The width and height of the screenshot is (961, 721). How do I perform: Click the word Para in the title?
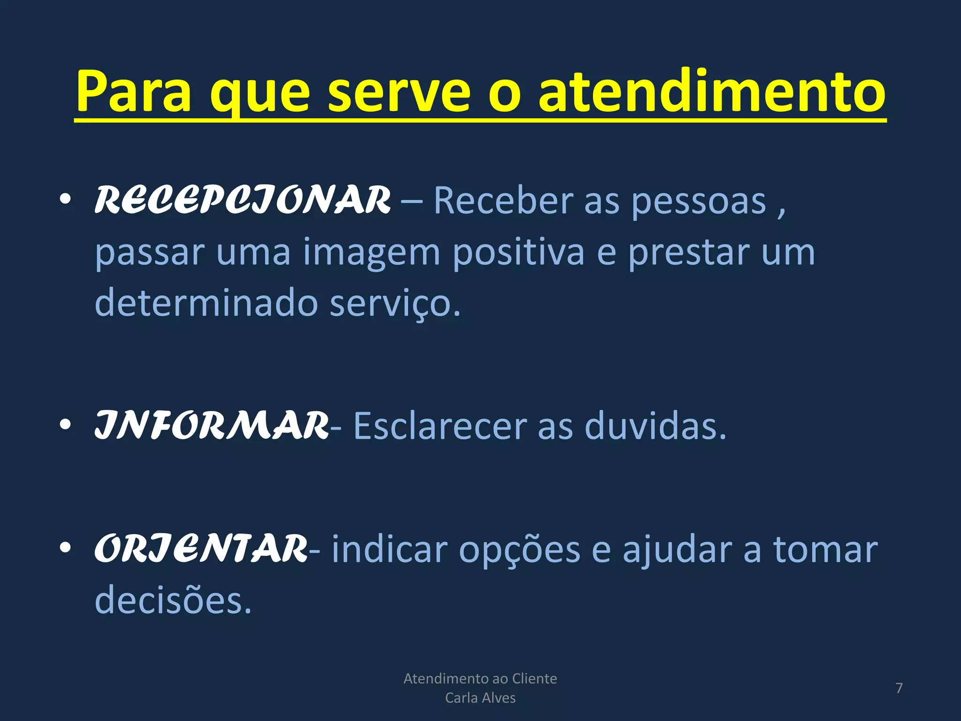point(134,92)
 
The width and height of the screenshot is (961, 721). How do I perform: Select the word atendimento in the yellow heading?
point(711,92)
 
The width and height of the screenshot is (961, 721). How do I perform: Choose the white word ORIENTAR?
point(201,549)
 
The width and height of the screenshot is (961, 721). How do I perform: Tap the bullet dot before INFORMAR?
point(65,425)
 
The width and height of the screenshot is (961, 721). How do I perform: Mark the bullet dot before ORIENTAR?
point(65,548)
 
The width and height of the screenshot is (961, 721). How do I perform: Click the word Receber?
point(503,200)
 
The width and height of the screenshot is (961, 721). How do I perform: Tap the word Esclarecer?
point(440,426)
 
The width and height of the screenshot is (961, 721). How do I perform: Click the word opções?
point(519,550)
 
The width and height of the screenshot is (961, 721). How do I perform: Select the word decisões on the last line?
point(173,600)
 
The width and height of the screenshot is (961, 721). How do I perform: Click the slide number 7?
point(899,688)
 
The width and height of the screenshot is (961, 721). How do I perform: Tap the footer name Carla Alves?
point(480,698)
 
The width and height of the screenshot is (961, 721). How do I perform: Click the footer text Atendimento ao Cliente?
point(480,679)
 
